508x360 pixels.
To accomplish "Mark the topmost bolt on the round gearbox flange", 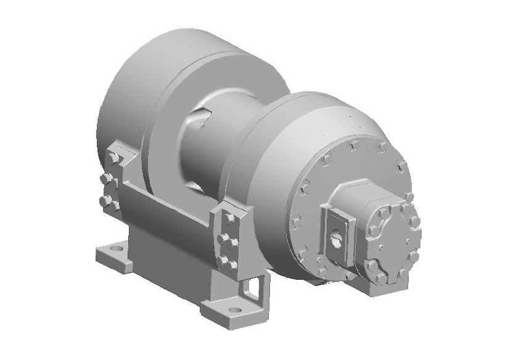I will click(353, 145).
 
